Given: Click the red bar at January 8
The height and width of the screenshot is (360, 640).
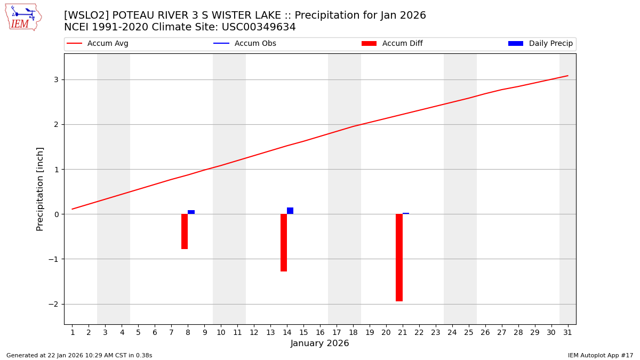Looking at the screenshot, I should (185, 231).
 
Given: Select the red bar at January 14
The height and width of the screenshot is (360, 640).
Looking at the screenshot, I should (284, 243).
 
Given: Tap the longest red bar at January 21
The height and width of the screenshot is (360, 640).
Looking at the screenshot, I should (399, 258).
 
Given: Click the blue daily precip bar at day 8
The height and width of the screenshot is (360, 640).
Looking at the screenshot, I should (191, 212).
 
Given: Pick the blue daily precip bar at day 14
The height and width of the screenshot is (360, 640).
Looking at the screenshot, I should (290, 211).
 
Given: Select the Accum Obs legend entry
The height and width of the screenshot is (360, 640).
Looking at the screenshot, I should (255, 44).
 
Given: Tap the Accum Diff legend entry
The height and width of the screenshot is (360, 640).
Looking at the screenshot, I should (402, 44).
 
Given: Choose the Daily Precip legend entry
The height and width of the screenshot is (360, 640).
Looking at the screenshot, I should (550, 44).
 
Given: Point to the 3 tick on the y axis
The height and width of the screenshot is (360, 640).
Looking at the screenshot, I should (56, 79).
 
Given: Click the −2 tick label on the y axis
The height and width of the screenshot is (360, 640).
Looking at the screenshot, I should (54, 304).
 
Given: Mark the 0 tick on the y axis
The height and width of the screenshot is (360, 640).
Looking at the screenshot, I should (56, 214).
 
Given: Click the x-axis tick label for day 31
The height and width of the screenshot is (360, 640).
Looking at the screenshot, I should (567, 332).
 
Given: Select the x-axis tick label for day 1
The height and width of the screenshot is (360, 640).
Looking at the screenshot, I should (73, 332).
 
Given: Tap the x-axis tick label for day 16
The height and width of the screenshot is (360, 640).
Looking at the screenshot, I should (320, 332).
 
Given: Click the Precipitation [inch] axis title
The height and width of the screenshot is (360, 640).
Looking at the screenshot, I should (40, 189).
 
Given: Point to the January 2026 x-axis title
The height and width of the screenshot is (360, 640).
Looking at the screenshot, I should (319, 343).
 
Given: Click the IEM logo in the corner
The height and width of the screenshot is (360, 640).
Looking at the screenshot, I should (23, 17).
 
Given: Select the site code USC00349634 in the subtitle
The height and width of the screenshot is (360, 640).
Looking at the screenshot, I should (258, 27).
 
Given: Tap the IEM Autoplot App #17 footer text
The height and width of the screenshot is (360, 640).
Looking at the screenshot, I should (600, 355).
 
